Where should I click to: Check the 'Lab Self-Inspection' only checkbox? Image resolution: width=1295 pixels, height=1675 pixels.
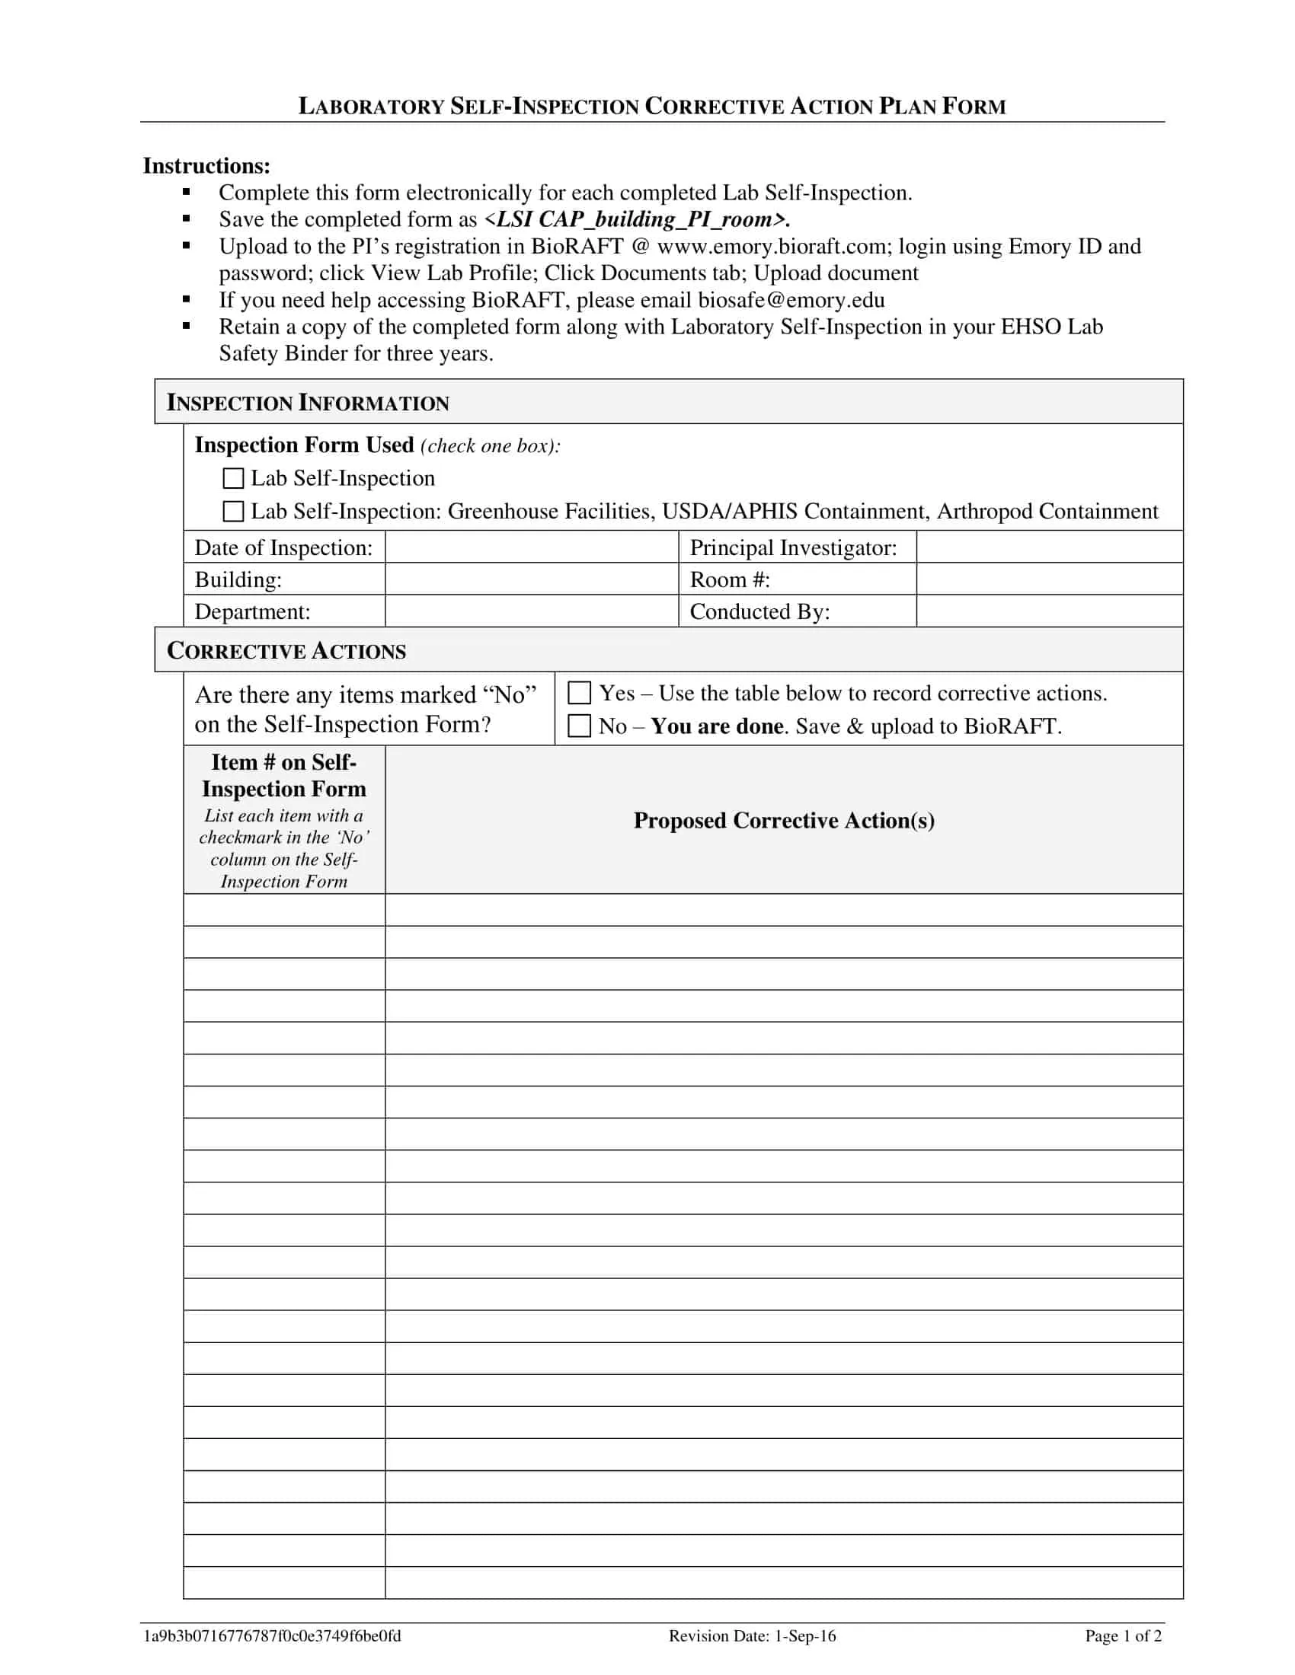[x=232, y=479]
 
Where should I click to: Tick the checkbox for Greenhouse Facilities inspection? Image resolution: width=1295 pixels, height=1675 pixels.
[x=232, y=512]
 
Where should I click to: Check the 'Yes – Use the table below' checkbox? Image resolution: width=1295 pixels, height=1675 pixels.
[x=579, y=694]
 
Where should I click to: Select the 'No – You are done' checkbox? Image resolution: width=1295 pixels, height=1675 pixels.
[x=579, y=726]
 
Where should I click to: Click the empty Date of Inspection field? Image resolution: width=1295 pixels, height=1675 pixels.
[x=531, y=547]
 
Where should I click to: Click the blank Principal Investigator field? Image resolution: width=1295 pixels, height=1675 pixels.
[x=1049, y=547]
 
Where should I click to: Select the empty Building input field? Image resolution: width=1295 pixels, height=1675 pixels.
[x=531, y=579]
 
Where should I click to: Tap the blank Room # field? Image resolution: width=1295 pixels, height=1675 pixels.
[x=1049, y=579]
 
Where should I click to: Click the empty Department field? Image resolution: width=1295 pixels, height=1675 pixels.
[x=531, y=611]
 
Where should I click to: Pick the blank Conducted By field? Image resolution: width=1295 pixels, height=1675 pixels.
[x=1049, y=611]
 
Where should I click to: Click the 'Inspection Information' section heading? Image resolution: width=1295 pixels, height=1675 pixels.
[x=308, y=404]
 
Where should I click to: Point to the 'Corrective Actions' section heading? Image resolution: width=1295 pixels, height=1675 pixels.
[x=286, y=651]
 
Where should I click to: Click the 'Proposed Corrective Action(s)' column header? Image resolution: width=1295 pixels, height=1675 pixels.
[x=783, y=821]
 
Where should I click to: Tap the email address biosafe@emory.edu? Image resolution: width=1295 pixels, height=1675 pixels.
[x=791, y=300]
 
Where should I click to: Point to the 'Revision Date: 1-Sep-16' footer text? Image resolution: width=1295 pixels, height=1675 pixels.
[x=752, y=1636]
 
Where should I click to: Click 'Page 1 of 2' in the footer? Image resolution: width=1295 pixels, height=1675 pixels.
[x=1122, y=1636]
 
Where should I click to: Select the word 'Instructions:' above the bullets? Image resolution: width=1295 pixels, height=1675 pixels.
[x=206, y=166]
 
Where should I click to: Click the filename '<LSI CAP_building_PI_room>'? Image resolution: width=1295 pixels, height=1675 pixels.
[x=637, y=219]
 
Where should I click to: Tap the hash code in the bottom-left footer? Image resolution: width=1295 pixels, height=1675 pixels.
[x=273, y=1636]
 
